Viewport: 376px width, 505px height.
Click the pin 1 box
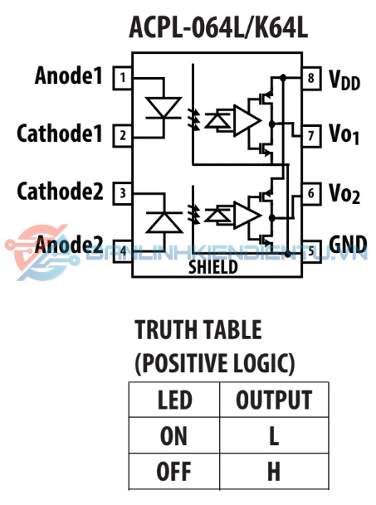(122, 78)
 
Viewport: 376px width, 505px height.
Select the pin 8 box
(311, 78)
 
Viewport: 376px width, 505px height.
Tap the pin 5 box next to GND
(311, 251)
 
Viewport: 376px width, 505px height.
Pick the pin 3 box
(122, 193)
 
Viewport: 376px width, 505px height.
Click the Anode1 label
(68, 75)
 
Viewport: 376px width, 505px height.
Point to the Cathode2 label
(60, 192)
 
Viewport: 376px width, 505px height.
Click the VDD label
(344, 80)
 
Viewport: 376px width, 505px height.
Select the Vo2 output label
(344, 193)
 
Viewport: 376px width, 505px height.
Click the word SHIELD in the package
(213, 267)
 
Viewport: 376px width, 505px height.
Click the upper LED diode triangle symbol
(164, 108)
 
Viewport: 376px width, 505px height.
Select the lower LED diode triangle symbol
(164, 222)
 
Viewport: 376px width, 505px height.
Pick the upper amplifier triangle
(247, 120)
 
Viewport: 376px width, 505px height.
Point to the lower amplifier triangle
(247, 215)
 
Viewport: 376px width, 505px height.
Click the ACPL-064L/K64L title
(218, 28)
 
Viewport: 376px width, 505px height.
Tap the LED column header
(175, 400)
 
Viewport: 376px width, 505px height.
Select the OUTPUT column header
(274, 400)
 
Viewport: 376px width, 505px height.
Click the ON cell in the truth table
(173, 435)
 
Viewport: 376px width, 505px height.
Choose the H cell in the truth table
(274, 471)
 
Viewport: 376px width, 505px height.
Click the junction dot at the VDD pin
(283, 77)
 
